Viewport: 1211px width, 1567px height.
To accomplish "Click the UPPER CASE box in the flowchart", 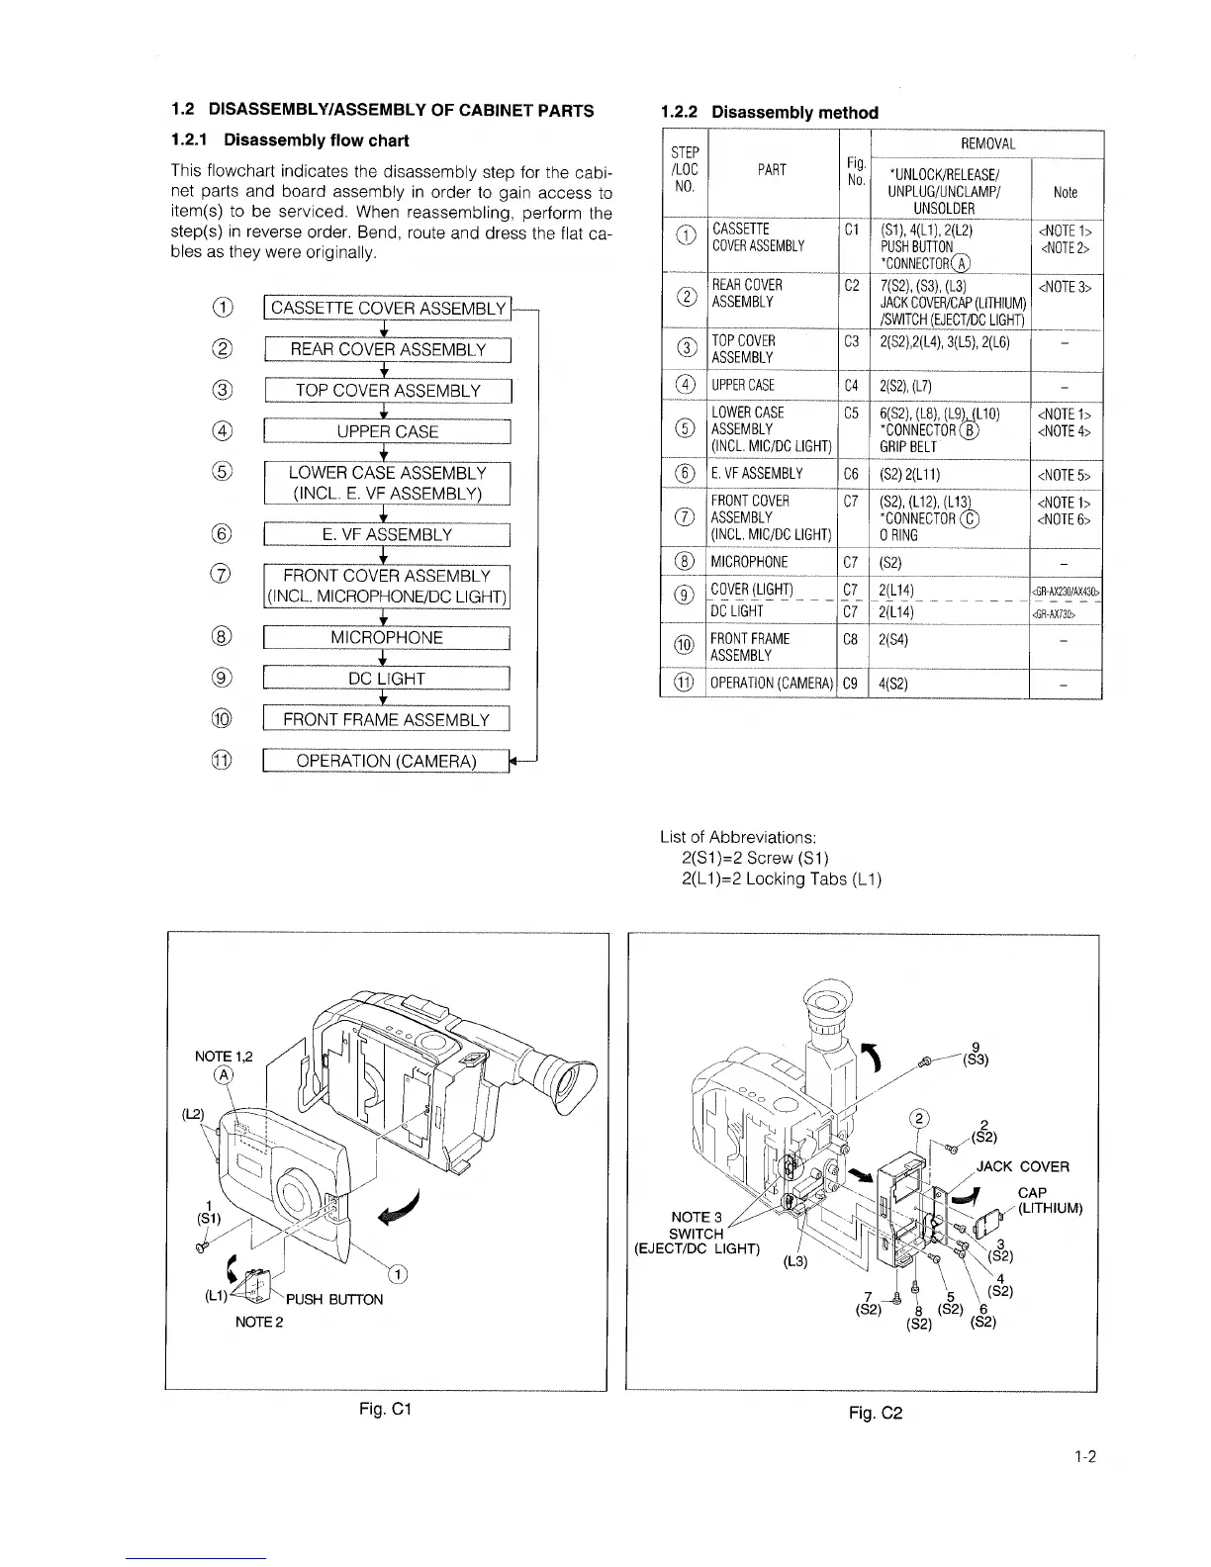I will pyautogui.click(x=387, y=431).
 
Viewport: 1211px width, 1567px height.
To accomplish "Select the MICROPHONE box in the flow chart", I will pyautogui.click(x=387, y=637).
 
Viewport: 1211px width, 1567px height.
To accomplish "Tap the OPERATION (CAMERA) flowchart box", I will pyautogui.click(x=387, y=761).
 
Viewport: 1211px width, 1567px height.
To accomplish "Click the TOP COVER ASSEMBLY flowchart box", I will pyautogui.click(x=387, y=391).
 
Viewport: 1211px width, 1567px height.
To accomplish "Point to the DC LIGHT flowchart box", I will pyautogui.click(x=387, y=679).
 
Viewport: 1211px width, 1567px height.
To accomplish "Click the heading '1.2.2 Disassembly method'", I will pyautogui.click(x=769, y=112).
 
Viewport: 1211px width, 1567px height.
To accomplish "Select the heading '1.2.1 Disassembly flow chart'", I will pyautogui.click(x=290, y=140).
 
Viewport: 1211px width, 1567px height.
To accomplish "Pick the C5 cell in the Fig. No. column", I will pyautogui.click(x=851, y=412).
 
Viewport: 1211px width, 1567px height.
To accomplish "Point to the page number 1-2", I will pyautogui.click(x=1085, y=1456).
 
